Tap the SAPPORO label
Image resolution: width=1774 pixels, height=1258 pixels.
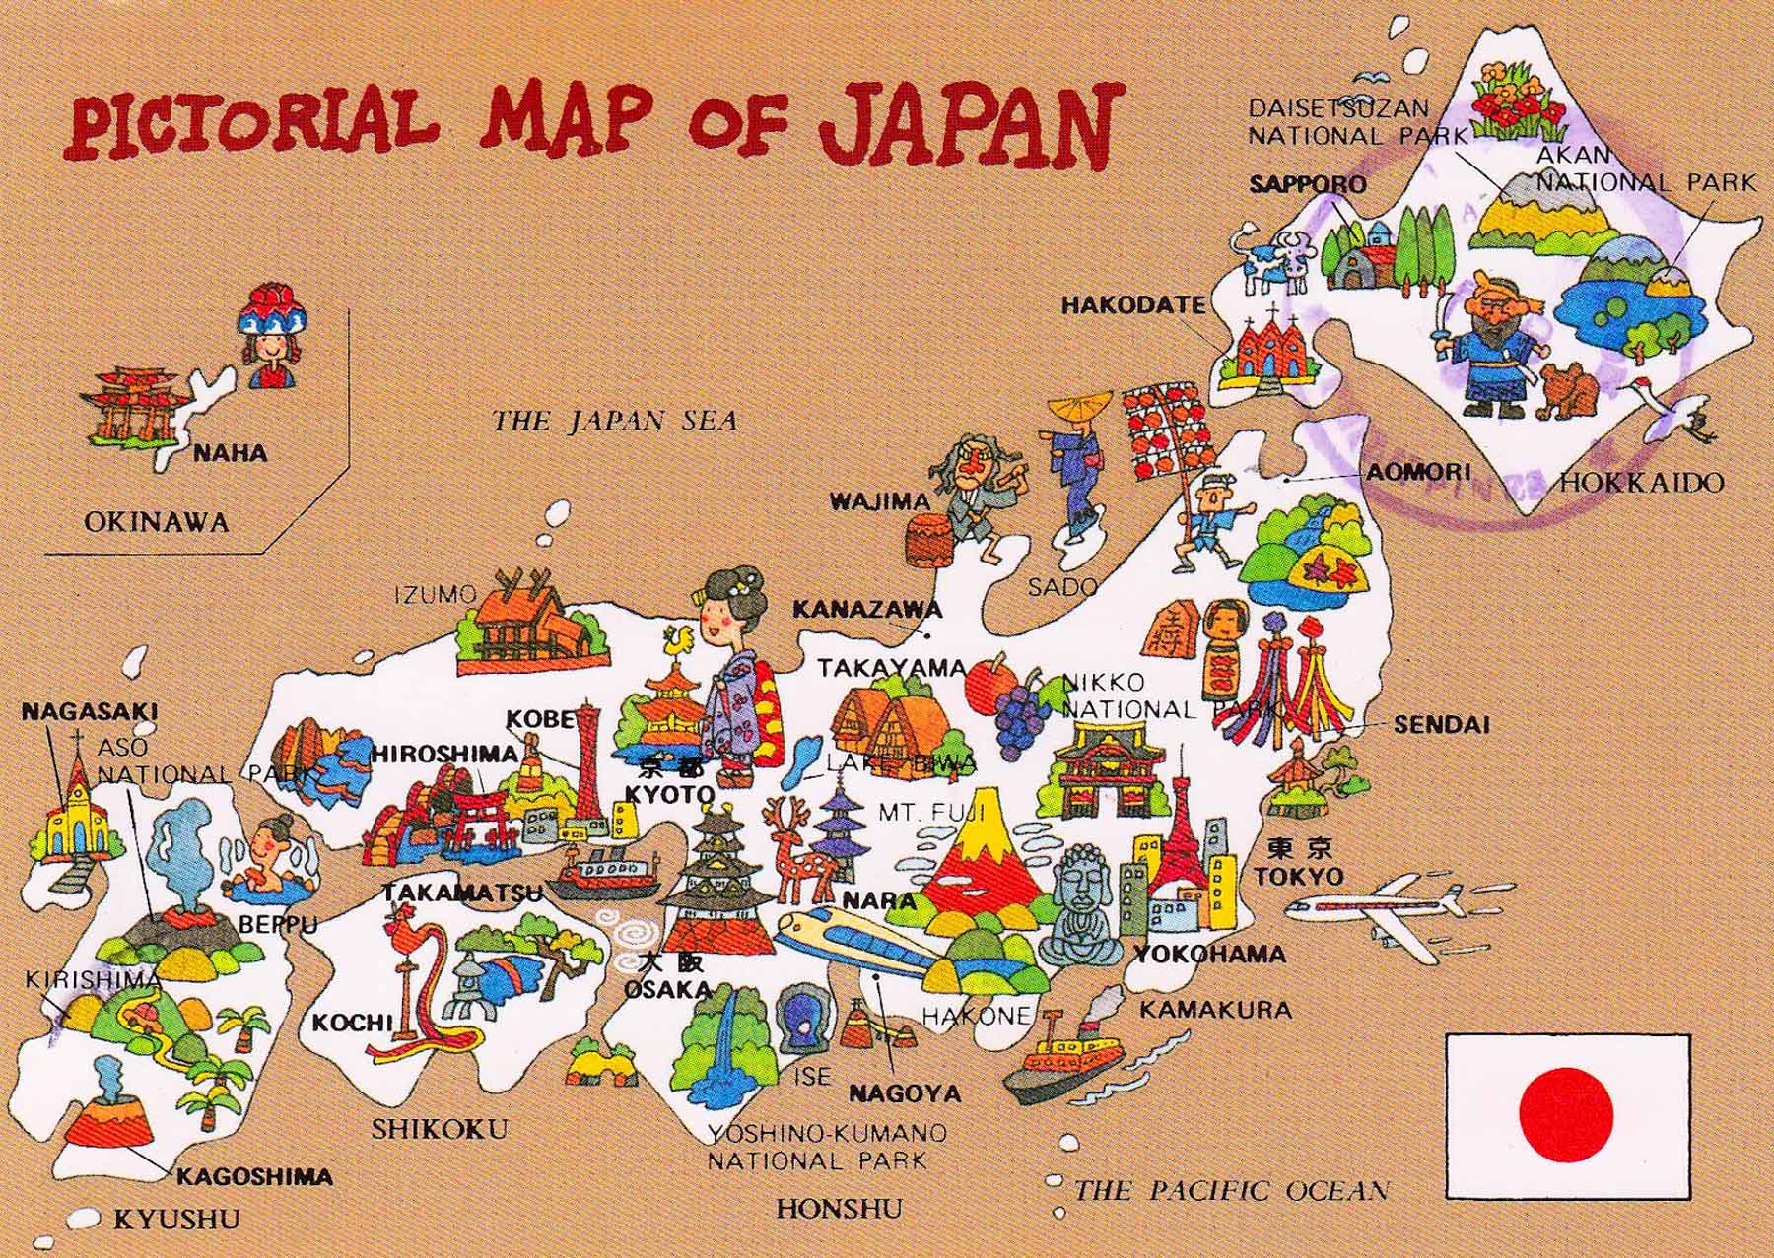1308,184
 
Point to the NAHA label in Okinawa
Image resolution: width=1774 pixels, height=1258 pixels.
230,453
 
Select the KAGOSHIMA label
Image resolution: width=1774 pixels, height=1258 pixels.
254,1176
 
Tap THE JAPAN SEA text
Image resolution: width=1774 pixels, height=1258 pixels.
614,422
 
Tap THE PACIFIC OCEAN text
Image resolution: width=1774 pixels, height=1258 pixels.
1231,1190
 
